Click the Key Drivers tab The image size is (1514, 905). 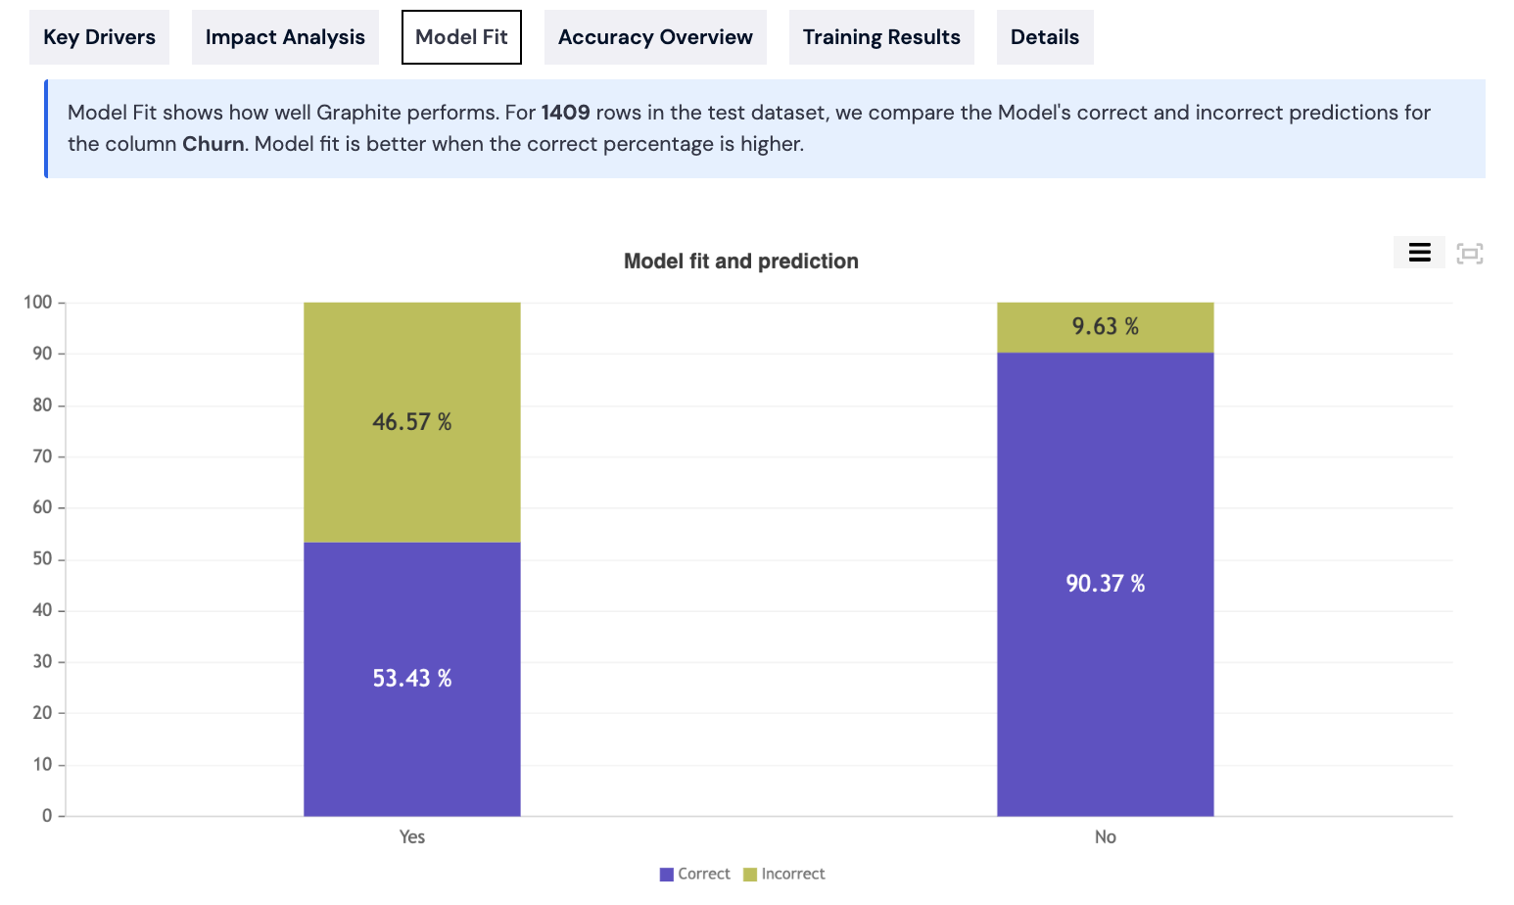[x=99, y=37]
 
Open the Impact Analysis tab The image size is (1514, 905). [x=285, y=37]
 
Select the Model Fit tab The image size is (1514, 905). [x=461, y=37]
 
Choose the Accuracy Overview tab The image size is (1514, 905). [x=655, y=37]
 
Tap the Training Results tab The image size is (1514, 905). [x=881, y=37]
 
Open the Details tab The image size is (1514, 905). [x=1045, y=37]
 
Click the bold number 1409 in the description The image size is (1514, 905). [x=565, y=113]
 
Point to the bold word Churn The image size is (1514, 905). [x=213, y=144]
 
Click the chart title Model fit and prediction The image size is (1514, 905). [x=740, y=262]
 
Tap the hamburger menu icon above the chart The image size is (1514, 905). [x=1419, y=253]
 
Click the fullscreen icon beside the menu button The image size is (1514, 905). [x=1469, y=254]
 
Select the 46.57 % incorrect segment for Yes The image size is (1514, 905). [x=412, y=422]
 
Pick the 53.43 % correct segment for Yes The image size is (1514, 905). [x=412, y=679]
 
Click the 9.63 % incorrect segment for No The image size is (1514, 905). [x=1105, y=327]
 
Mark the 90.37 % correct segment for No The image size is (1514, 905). [x=1105, y=584]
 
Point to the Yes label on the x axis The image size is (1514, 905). [x=412, y=836]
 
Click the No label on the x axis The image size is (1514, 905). [x=1105, y=836]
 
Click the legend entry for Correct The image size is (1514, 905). [x=695, y=874]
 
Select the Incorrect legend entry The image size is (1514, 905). [x=784, y=874]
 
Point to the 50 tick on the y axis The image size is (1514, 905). [x=42, y=559]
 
